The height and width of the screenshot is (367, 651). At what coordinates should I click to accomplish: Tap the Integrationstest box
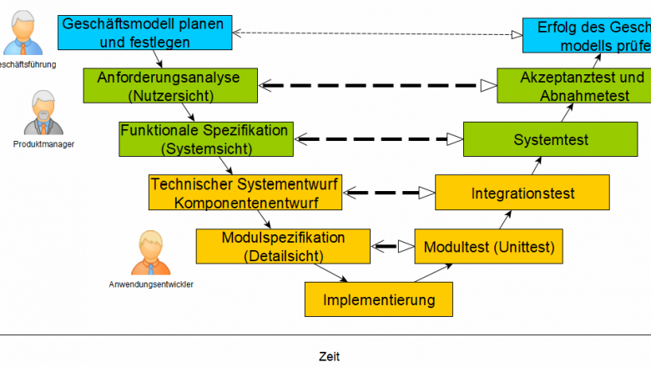pos(522,194)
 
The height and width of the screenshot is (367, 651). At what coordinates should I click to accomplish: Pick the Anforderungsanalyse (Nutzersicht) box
pos(168,86)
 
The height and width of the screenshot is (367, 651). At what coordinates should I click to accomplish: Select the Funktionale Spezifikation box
pos(205,139)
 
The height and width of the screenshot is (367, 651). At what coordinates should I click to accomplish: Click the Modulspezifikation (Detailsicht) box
pos(283,246)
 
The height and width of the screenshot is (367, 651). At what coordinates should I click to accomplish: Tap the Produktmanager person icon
pos(42,115)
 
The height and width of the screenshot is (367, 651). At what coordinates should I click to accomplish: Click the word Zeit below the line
pos(329,356)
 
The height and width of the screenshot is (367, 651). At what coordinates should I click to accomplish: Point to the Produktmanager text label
pos(43,143)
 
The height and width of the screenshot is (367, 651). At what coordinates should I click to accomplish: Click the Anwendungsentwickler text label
pos(151,284)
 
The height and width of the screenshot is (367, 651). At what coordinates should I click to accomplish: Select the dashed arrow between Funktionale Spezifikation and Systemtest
pos(378,138)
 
